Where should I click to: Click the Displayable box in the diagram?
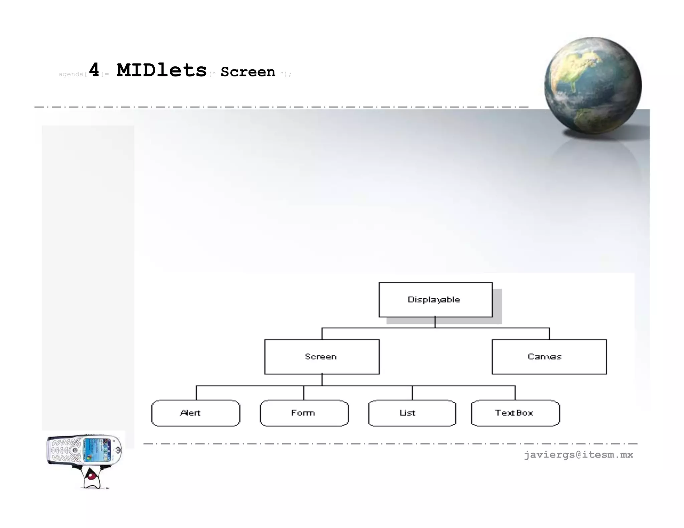[435, 300]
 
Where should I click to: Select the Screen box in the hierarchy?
[322, 357]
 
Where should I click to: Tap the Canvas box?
[549, 357]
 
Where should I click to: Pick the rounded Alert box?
[196, 413]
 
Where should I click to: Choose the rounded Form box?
[304, 413]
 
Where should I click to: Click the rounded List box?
[412, 413]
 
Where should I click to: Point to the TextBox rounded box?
[515, 413]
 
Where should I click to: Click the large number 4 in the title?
[94, 70]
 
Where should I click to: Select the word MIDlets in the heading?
[162, 70]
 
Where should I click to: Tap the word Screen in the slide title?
[248, 72]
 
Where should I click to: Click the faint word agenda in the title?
[71, 74]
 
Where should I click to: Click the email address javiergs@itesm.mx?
[578, 455]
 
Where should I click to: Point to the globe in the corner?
[593, 85]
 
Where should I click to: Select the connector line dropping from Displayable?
[435, 322]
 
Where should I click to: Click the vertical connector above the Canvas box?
[549, 334]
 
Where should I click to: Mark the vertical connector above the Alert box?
[196, 393]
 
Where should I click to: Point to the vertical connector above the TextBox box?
[515, 393]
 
